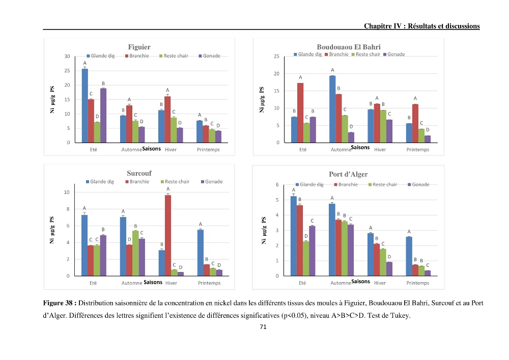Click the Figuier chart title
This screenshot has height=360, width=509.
pyautogui.click(x=139, y=47)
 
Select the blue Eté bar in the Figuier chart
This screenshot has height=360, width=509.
pyautogui.click(x=84, y=106)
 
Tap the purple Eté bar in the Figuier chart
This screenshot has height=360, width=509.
pyautogui.click(x=103, y=116)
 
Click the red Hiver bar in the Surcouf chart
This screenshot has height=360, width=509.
pyautogui.click(x=168, y=235)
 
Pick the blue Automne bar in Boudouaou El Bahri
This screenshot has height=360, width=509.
pyautogui.click(x=332, y=109)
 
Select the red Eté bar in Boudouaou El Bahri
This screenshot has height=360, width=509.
pyautogui.click(x=300, y=113)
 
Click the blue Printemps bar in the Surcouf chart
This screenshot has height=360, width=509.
pyautogui.click(x=200, y=253)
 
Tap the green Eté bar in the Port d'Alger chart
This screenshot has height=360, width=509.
pyautogui.click(x=306, y=259)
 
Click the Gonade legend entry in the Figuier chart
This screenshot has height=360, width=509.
pyautogui.click(x=209, y=56)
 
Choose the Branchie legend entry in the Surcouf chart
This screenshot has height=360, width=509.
pyautogui.click(x=137, y=181)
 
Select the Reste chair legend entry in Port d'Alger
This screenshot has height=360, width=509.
pyautogui.click(x=383, y=184)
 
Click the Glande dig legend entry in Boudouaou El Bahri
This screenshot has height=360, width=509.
pyautogui.click(x=308, y=54)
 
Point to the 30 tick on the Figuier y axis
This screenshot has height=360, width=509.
pyautogui.click(x=67, y=56)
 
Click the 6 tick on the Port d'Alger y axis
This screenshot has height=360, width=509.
pyautogui.click(x=277, y=184)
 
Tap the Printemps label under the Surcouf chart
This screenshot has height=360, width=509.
pyautogui.click(x=209, y=283)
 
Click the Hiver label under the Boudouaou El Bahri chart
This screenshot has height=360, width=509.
pyautogui.click(x=380, y=150)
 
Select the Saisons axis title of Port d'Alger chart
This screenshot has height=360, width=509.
pyautogui.click(x=361, y=282)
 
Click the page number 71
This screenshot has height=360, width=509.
pyautogui.click(x=263, y=327)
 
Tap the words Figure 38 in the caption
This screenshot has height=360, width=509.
pyautogui.click(x=58, y=303)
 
